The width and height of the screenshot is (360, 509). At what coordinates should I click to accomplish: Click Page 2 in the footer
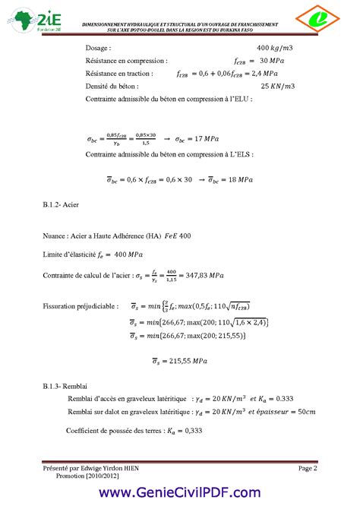[307, 469]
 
